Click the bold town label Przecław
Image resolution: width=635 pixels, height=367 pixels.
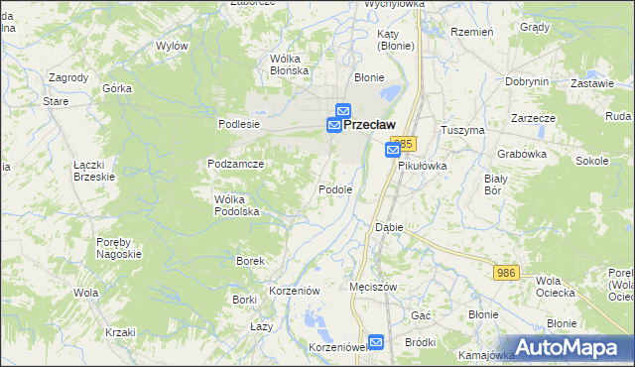(369, 125)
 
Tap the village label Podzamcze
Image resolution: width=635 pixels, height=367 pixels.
(235, 164)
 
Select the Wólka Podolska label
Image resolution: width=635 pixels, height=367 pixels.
(236, 205)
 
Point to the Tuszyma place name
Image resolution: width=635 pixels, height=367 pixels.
(462, 130)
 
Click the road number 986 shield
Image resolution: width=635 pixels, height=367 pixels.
(506, 271)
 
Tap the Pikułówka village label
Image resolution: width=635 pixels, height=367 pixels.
(423, 167)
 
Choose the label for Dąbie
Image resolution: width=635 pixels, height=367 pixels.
(389, 227)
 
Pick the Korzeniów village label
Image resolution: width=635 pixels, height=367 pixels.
(295, 291)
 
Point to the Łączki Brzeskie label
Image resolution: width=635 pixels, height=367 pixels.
(94, 171)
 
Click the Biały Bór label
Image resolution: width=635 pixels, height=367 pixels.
(495, 183)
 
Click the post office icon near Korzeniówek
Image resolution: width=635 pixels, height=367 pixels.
(377, 340)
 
